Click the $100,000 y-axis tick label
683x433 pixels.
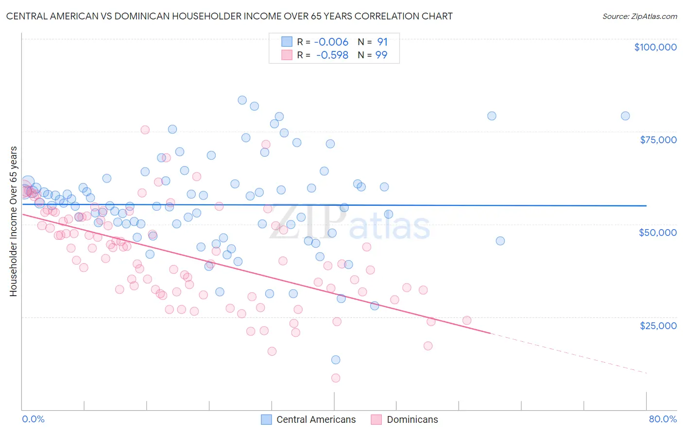tap(655, 47)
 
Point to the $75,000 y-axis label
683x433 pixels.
tap(658, 140)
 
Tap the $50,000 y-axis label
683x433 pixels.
tap(657, 233)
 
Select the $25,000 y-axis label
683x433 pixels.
tap(658, 325)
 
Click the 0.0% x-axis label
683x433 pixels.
tap(33, 419)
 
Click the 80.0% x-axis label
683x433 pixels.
tap(663, 419)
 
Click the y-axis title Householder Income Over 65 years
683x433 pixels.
tap(13, 221)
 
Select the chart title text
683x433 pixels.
tap(229, 16)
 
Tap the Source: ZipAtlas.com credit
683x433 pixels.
tap(639, 16)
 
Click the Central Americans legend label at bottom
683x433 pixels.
tap(316, 419)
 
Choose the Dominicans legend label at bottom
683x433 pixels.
tap(412, 419)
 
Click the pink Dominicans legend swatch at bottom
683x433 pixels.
tap(376, 419)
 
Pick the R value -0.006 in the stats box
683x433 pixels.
tap(331, 42)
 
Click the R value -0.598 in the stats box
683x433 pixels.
tap(332, 55)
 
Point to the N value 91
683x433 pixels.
tap(382, 42)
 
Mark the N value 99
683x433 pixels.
tap(381, 55)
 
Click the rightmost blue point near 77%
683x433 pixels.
tap(625, 116)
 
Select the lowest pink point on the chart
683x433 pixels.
tap(335, 378)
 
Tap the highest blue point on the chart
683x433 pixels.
tap(242, 100)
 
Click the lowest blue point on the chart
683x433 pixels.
tap(335, 360)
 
